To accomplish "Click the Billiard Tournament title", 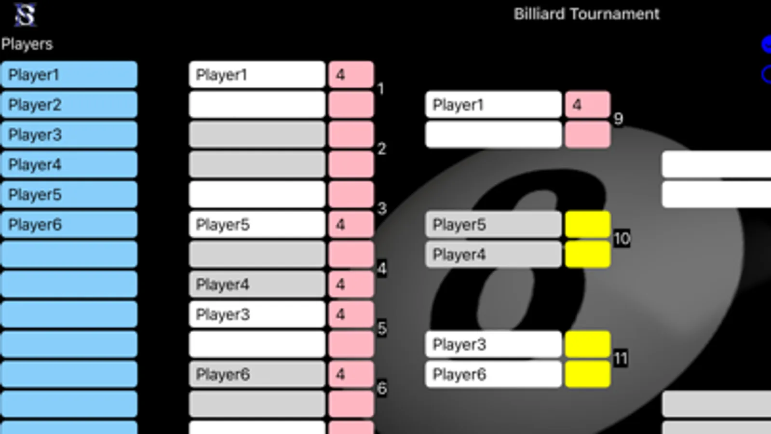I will (586, 14).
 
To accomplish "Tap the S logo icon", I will (25, 15).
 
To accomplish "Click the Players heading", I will (27, 44).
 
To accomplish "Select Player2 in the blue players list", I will (69, 105).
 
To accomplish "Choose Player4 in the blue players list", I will (69, 164).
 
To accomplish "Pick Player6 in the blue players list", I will (69, 224).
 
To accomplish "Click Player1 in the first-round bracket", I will (257, 75).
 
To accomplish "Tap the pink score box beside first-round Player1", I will (351, 75).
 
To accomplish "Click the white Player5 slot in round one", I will (257, 224).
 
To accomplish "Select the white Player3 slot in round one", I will (257, 314).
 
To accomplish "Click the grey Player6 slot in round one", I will (257, 374).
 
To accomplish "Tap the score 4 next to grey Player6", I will (351, 374).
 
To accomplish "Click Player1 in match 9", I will (493, 105).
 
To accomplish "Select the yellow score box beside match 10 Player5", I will (587, 224).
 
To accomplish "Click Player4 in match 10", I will (493, 254).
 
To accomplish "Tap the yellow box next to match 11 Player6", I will (587, 374).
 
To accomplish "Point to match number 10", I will (622, 238).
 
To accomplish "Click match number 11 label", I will (621, 358).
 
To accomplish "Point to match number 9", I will (618, 119).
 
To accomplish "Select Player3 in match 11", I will (493, 344).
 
